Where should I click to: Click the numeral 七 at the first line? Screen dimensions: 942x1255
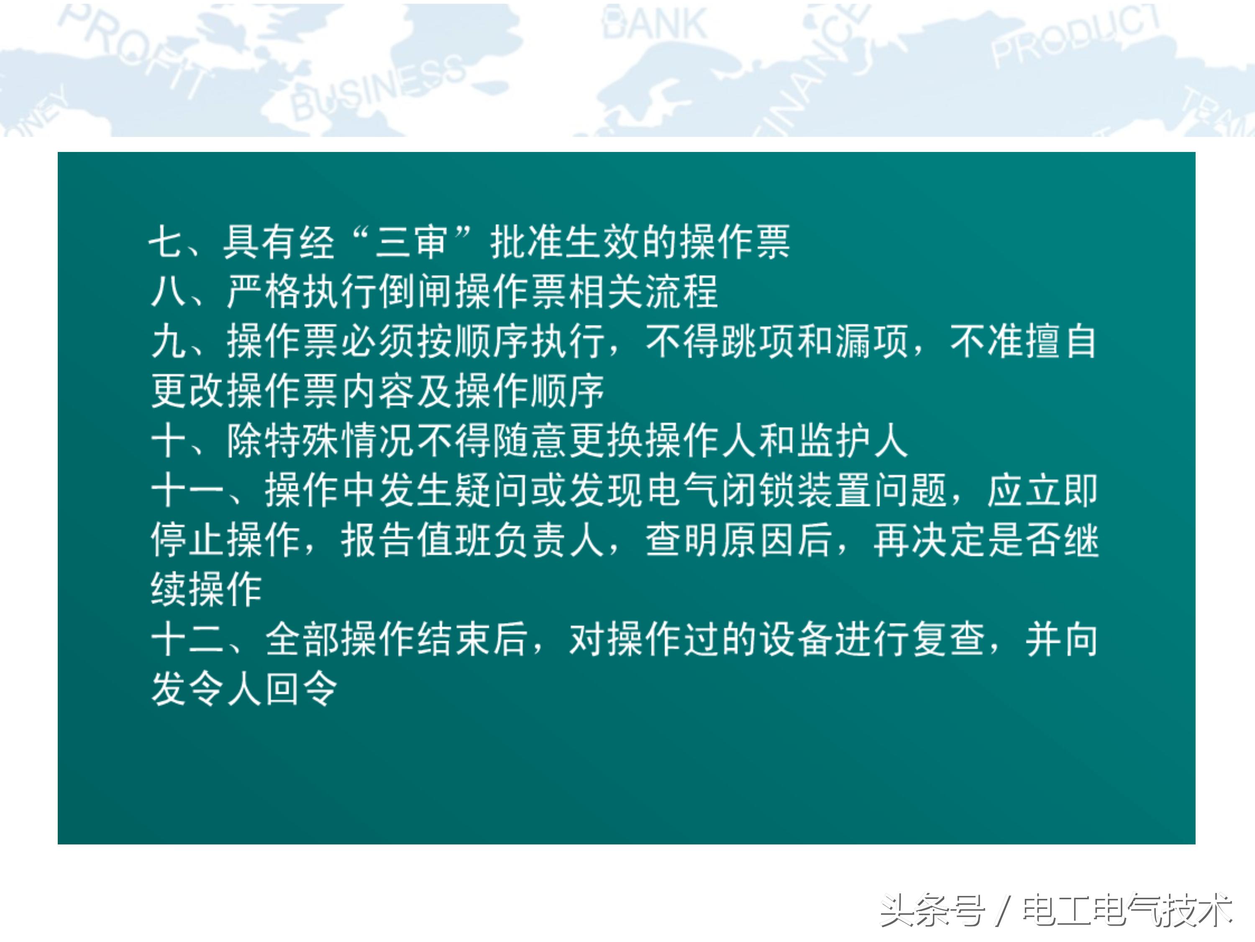(166, 242)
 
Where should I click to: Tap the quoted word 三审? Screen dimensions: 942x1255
(411, 242)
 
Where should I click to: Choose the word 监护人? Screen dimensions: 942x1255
(853, 440)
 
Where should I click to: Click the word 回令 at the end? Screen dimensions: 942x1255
(301, 689)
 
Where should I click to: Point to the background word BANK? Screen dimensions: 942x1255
(655, 24)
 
